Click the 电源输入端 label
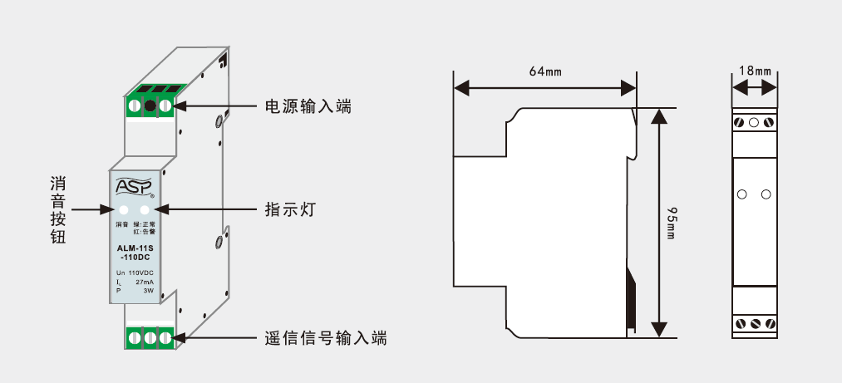[x=308, y=106]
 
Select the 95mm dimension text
[x=671, y=223]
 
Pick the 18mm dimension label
[x=755, y=71]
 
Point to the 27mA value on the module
[x=145, y=282]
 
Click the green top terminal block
[x=150, y=106]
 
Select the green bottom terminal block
[x=150, y=338]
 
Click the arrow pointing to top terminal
[x=216, y=106]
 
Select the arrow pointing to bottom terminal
[x=216, y=338]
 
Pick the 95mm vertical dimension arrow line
[x=659, y=223]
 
